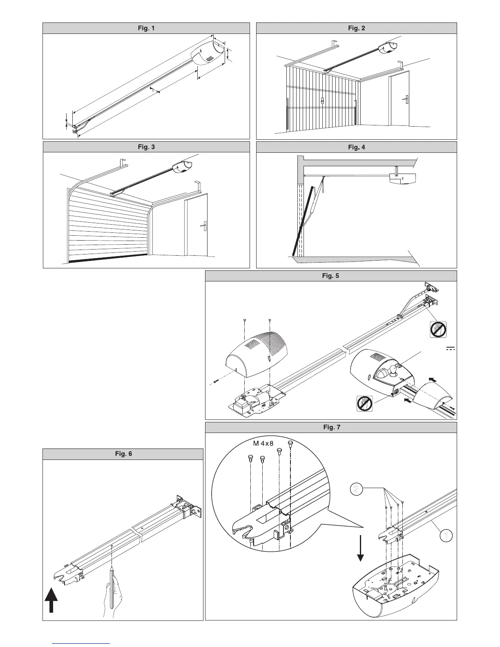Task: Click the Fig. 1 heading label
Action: click(x=146, y=28)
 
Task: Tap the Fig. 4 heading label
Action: click(x=356, y=147)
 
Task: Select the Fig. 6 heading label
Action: click(x=123, y=454)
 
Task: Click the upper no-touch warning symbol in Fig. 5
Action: click(x=438, y=329)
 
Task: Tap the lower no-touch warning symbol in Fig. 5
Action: click(x=365, y=403)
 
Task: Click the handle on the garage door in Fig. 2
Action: click(x=322, y=100)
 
